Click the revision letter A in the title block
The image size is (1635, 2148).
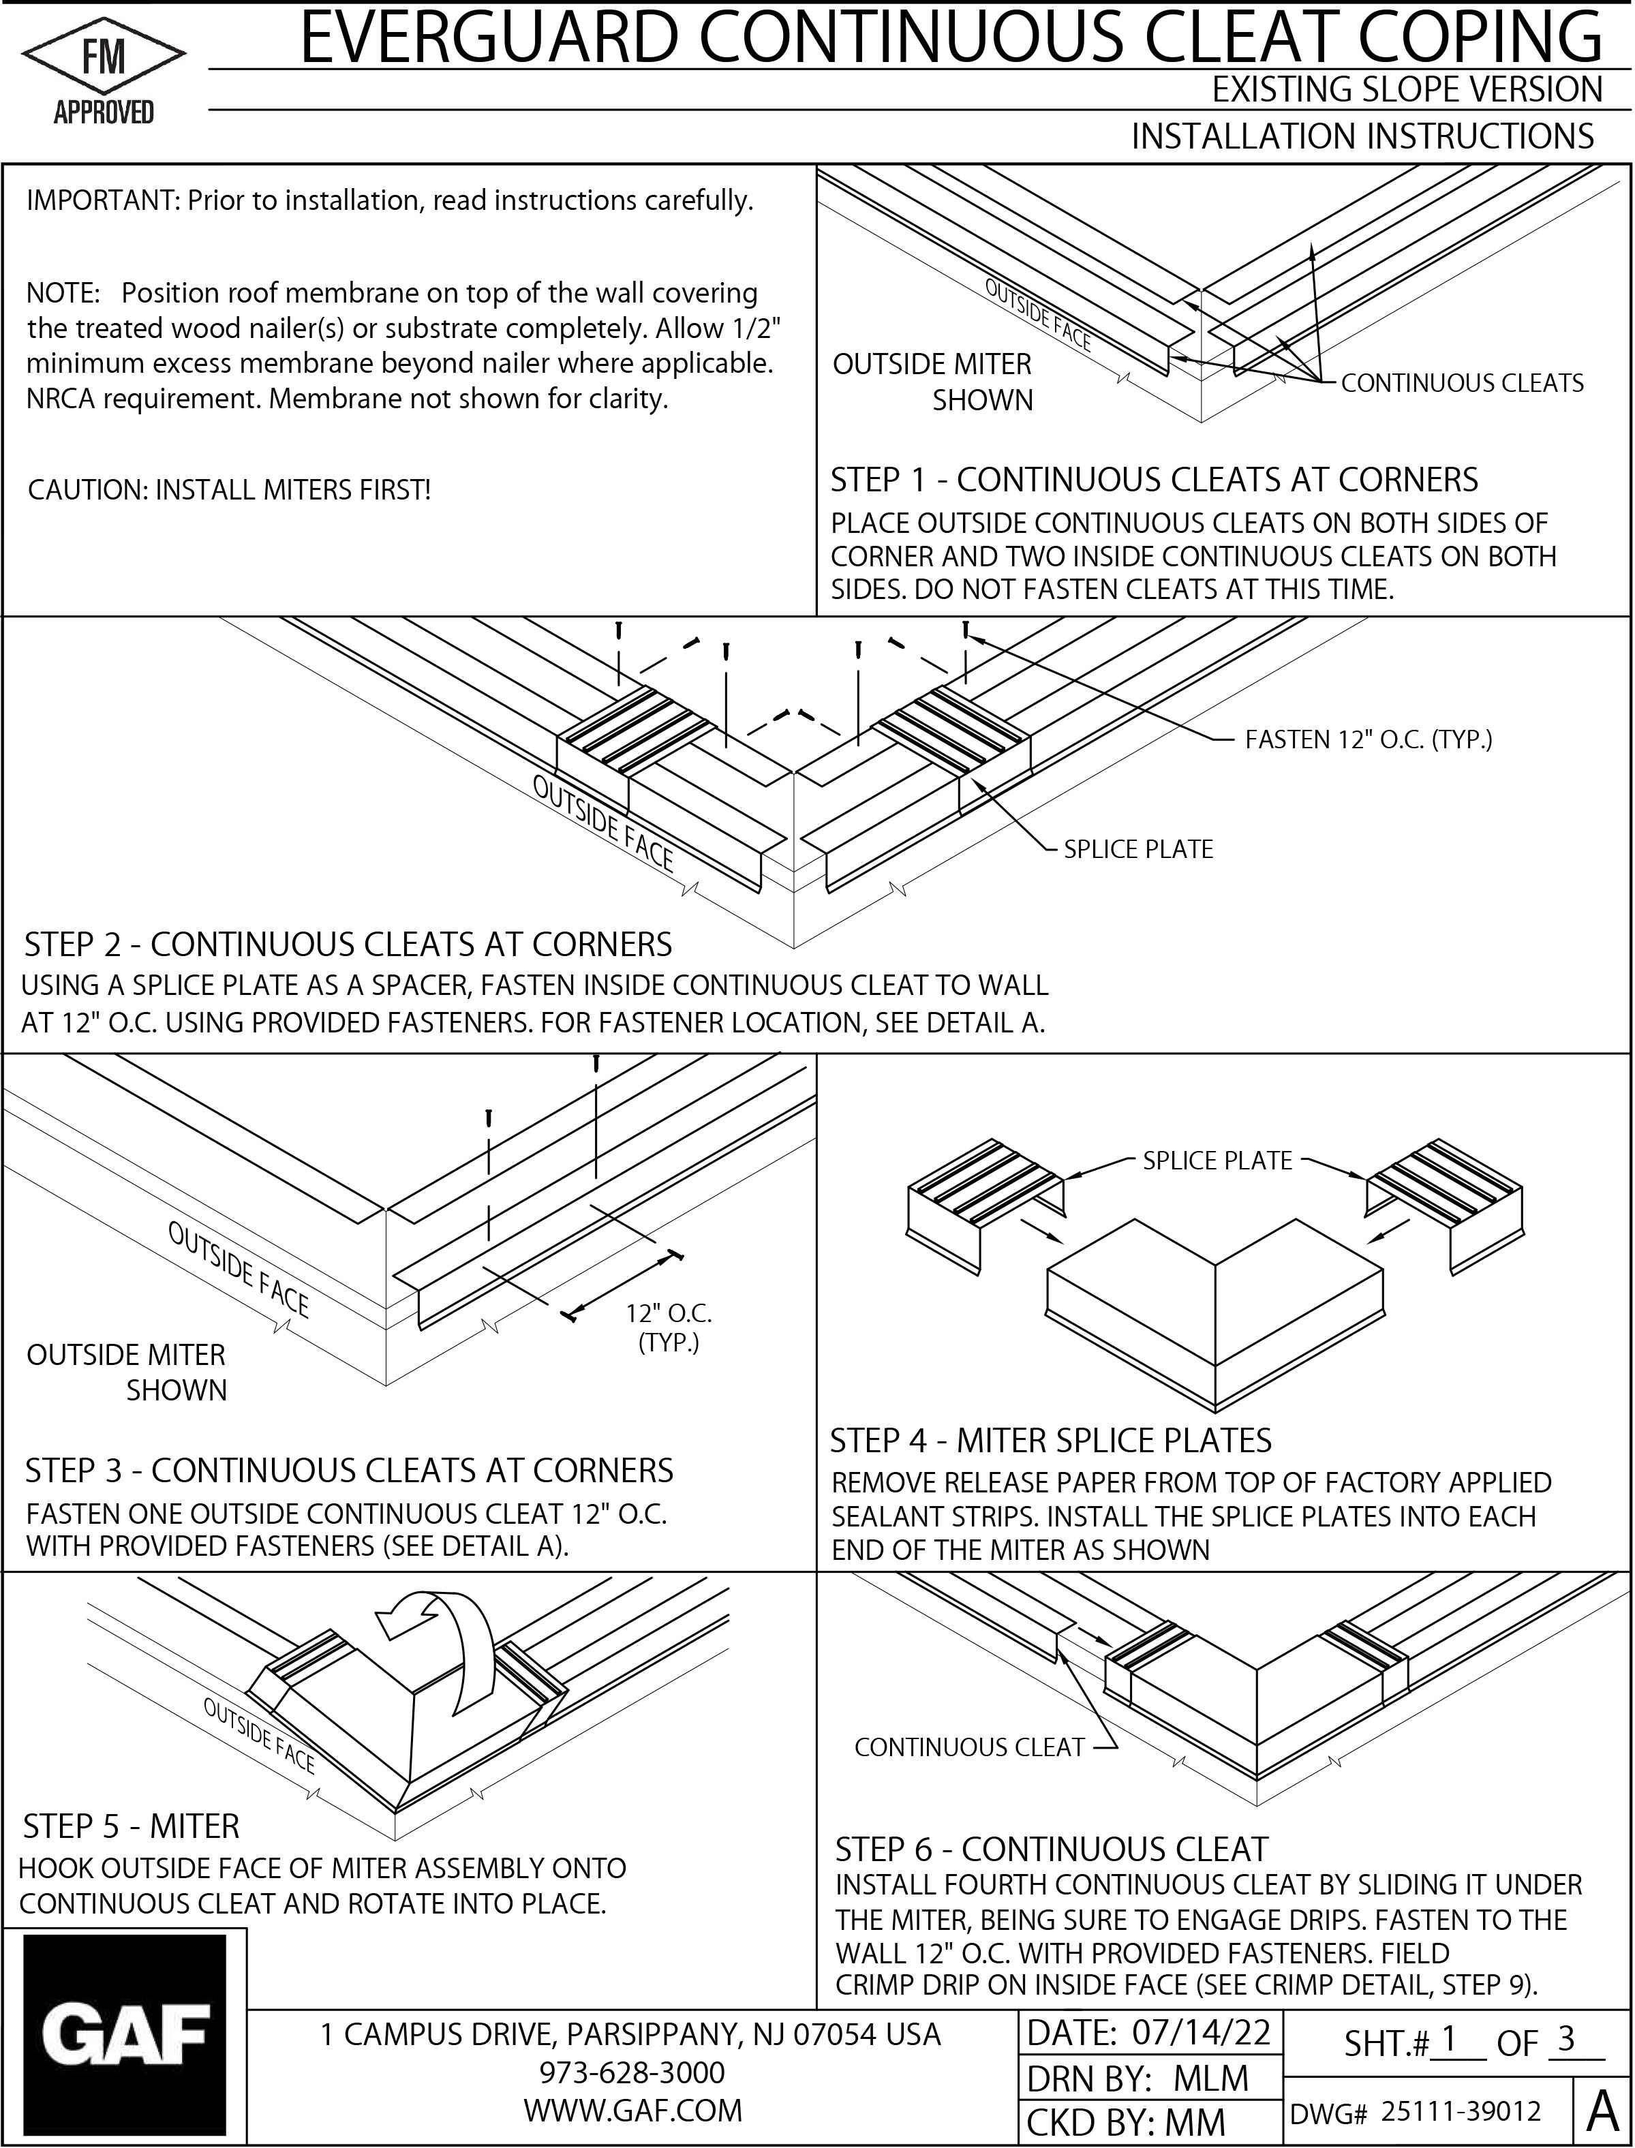1602,2109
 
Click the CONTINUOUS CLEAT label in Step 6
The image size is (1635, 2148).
968,1747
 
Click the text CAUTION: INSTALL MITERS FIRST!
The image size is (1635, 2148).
229,489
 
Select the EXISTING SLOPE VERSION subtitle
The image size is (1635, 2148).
1405,89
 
